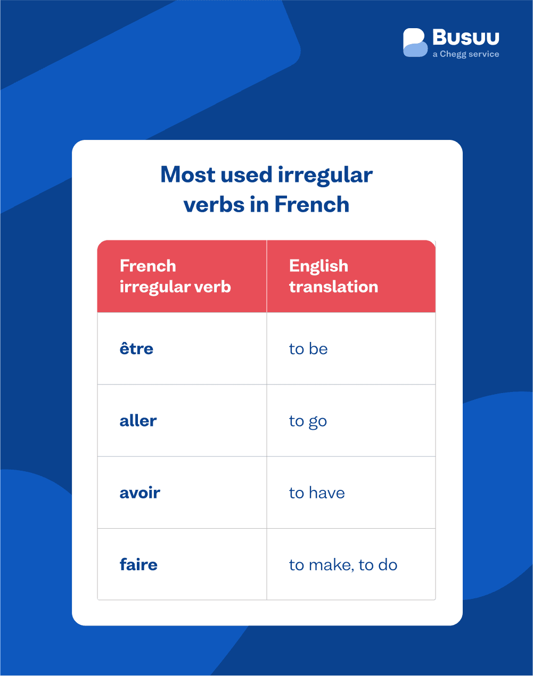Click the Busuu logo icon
(x=415, y=43)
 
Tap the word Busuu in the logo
(x=465, y=38)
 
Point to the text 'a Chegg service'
(x=465, y=54)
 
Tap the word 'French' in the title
(x=311, y=205)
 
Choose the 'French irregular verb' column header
(x=175, y=276)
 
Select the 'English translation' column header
(x=333, y=276)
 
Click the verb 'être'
(x=136, y=349)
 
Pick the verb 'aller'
(x=138, y=421)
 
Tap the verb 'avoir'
(x=140, y=493)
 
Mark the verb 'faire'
(x=138, y=565)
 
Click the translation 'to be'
(x=308, y=349)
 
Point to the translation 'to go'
(x=308, y=421)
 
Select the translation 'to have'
(x=317, y=493)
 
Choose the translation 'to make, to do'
(x=343, y=565)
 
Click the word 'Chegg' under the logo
(x=453, y=54)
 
